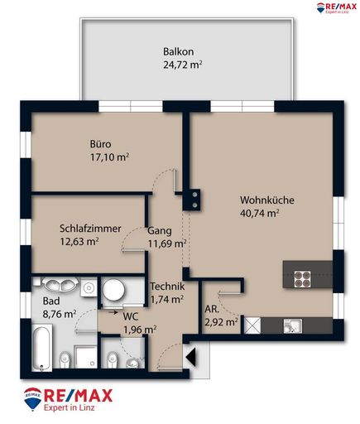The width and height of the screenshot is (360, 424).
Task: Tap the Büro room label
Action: [101, 143]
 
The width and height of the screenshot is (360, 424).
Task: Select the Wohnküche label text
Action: [267, 200]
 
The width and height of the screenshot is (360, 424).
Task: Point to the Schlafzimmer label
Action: [91, 229]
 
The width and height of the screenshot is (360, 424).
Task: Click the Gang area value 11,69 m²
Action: [166, 243]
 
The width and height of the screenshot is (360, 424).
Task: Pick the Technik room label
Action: [166, 287]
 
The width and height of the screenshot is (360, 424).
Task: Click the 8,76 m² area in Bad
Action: [59, 315]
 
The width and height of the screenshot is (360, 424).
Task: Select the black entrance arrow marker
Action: [191, 358]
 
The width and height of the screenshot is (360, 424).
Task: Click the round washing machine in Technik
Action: [113, 291]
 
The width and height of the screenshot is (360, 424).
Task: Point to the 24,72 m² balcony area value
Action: [184, 63]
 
